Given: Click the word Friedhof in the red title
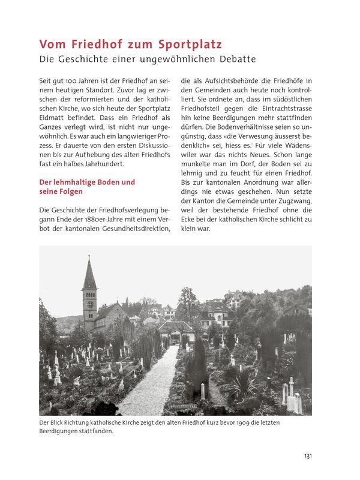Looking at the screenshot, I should click(89, 44).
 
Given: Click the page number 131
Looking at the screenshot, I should click(307, 456).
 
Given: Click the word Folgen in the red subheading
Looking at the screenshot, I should click(71, 191).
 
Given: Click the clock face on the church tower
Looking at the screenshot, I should click(90, 304).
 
